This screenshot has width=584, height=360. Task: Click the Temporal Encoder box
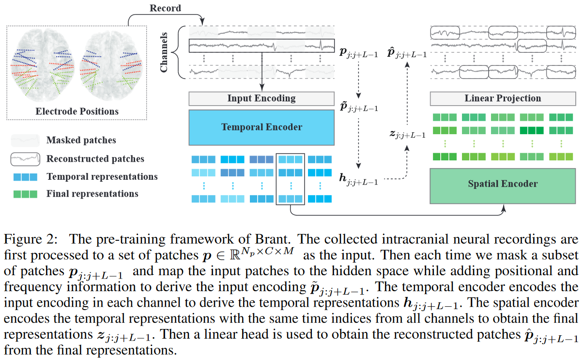click(261, 127)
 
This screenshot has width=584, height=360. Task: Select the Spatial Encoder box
click(503, 184)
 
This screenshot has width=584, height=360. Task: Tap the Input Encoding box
click(261, 98)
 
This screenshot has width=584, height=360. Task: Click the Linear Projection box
click(503, 98)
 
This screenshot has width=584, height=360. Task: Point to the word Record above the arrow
click(165, 8)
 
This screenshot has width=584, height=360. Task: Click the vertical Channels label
click(164, 52)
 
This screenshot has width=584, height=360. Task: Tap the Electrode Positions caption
click(77, 111)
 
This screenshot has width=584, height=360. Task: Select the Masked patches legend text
click(81, 140)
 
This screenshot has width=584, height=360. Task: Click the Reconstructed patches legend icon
click(24, 158)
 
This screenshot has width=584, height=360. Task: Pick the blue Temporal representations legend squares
click(24, 176)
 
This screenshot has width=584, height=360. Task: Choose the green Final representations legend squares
click(24, 194)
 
